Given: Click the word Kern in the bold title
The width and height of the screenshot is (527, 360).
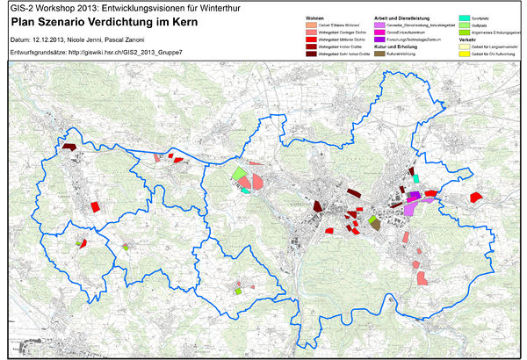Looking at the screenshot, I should point(212,21).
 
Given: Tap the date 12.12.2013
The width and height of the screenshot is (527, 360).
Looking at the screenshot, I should point(52,40).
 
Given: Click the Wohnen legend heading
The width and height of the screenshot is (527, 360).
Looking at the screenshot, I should point(315,18).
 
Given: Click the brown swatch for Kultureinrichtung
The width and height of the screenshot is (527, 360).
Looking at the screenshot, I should point(379,54).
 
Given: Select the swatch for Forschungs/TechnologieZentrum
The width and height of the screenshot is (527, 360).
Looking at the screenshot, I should point(379,39).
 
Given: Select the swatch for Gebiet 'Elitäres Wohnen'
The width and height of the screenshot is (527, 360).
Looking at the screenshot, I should point(310,25).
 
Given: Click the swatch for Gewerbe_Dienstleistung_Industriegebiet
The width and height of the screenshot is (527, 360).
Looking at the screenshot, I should point(379,25).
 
